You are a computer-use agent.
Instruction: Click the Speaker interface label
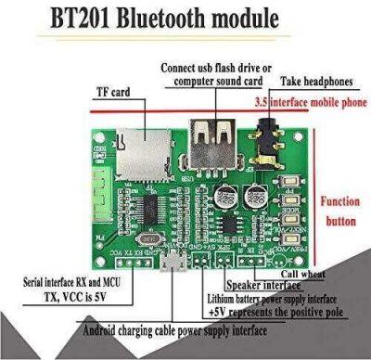255,286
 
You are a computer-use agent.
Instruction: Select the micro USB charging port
171,264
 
